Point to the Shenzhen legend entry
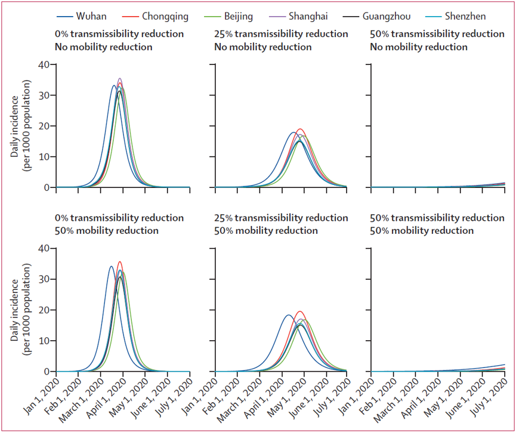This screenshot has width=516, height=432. coord(465,17)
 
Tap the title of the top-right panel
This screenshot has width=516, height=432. coord(437,40)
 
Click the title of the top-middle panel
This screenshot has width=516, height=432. coord(280,40)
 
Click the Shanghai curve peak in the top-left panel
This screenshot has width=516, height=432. coord(120,79)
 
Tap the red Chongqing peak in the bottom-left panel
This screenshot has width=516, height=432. coord(120,262)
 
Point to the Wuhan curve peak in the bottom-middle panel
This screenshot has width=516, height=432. coord(288,315)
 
